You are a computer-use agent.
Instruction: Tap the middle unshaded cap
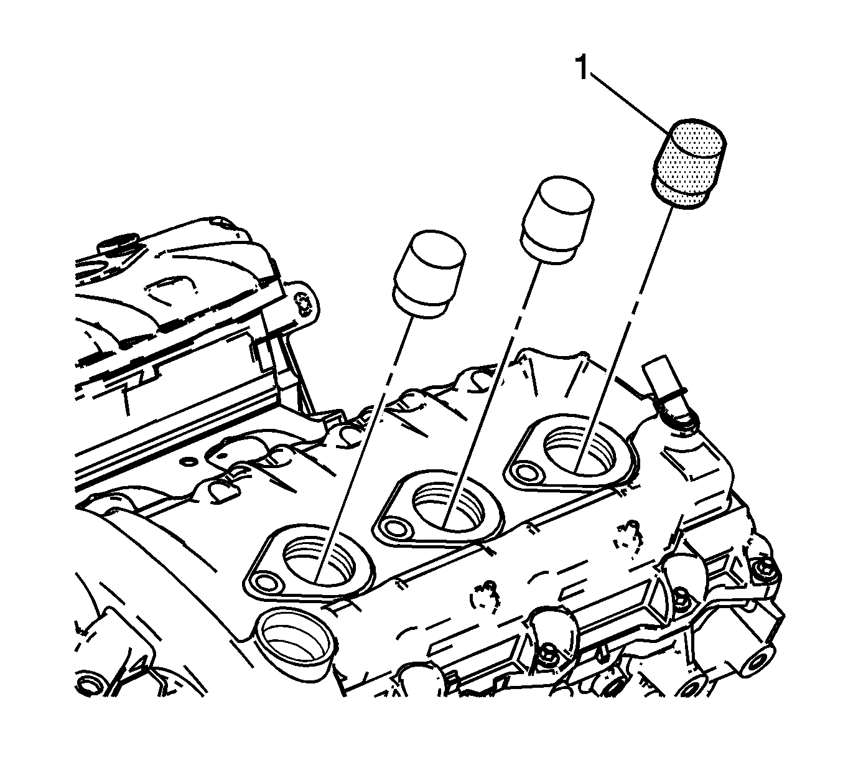click(x=557, y=220)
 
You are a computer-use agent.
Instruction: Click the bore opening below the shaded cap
click(x=579, y=450)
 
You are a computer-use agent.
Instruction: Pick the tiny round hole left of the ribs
click(x=187, y=461)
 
